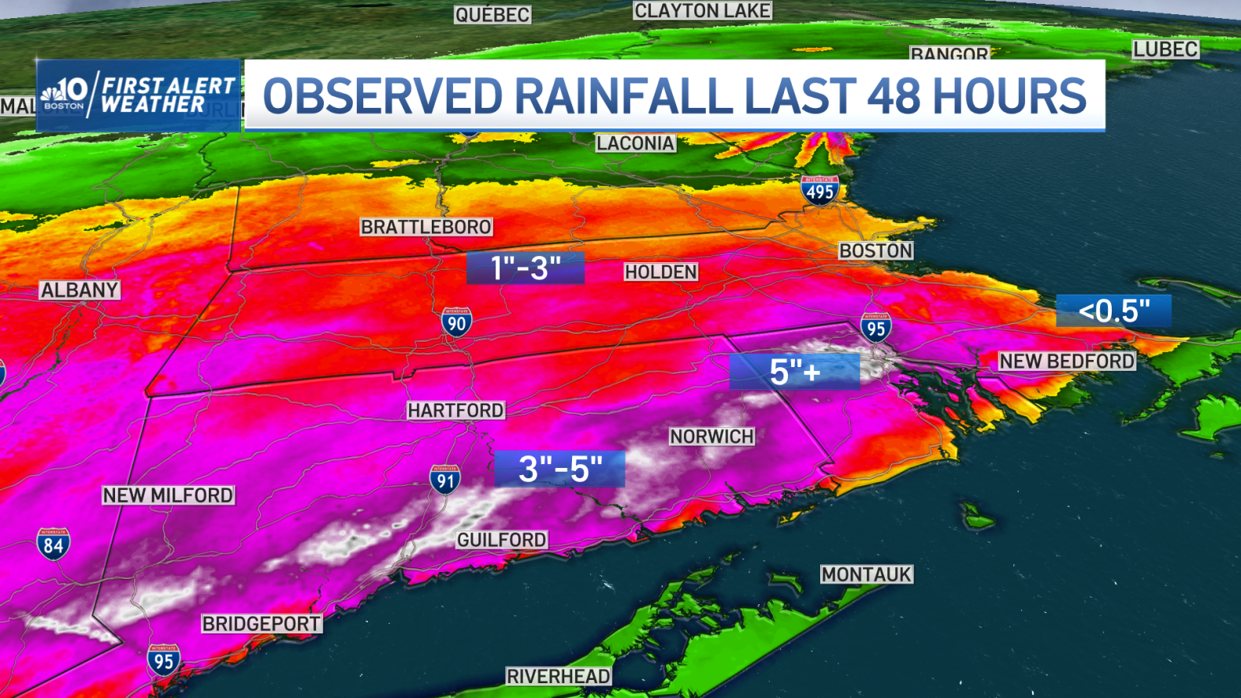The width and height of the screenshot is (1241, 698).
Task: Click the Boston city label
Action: tap(875, 251)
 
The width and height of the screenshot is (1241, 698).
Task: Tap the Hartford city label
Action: tap(455, 410)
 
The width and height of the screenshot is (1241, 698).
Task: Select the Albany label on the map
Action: tap(80, 290)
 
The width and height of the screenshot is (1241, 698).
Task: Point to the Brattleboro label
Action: tap(425, 227)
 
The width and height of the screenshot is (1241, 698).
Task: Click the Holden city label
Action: tap(660, 272)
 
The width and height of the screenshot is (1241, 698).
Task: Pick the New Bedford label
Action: tap(1067, 361)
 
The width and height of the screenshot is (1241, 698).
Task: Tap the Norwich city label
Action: tap(712, 436)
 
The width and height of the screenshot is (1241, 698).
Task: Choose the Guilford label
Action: tap(501, 540)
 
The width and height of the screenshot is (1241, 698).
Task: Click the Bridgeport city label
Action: tap(261, 624)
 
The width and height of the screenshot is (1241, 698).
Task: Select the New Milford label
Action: tap(168, 495)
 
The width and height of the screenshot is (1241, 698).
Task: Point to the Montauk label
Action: tap(866, 574)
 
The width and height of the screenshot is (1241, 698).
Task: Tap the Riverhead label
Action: tap(558, 676)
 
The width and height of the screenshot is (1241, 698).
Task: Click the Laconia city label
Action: tap(635, 143)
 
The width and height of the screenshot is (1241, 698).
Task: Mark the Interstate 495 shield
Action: tap(819, 191)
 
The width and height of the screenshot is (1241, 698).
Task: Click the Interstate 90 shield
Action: tap(456, 322)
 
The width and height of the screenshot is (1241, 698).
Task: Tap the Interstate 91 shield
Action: tap(445, 479)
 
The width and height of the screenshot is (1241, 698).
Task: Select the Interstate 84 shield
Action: tap(53, 544)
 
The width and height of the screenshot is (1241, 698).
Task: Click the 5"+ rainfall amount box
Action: tap(794, 372)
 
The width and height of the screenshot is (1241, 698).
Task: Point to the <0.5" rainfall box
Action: tap(1113, 311)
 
